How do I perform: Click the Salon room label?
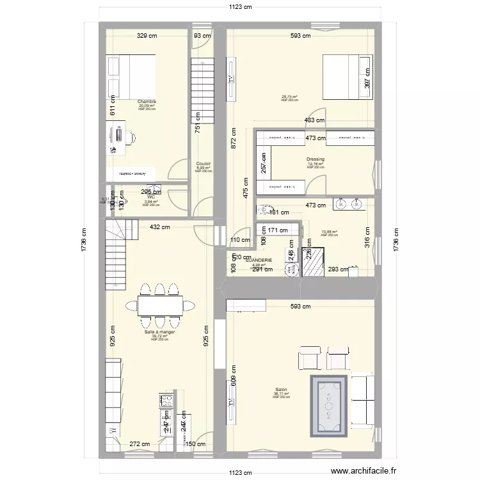[x=281, y=389]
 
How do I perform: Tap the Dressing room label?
[x=315, y=159]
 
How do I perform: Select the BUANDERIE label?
[x=258, y=260]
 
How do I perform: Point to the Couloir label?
[x=203, y=164]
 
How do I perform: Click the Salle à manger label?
[x=159, y=332]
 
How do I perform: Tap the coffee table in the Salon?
[x=329, y=405]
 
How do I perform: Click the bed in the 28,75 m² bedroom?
[x=346, y=76]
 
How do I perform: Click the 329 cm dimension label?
[x=147, y=36]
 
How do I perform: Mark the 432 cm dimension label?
[x=159, y=227]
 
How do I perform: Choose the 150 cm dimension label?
[x=196, y=444]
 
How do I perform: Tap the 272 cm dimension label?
[x=140, y=444]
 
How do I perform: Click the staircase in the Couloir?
[x=202, y=90]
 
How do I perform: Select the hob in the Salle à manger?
[x=166, y=401]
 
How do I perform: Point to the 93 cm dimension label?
[x=202, y=36]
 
